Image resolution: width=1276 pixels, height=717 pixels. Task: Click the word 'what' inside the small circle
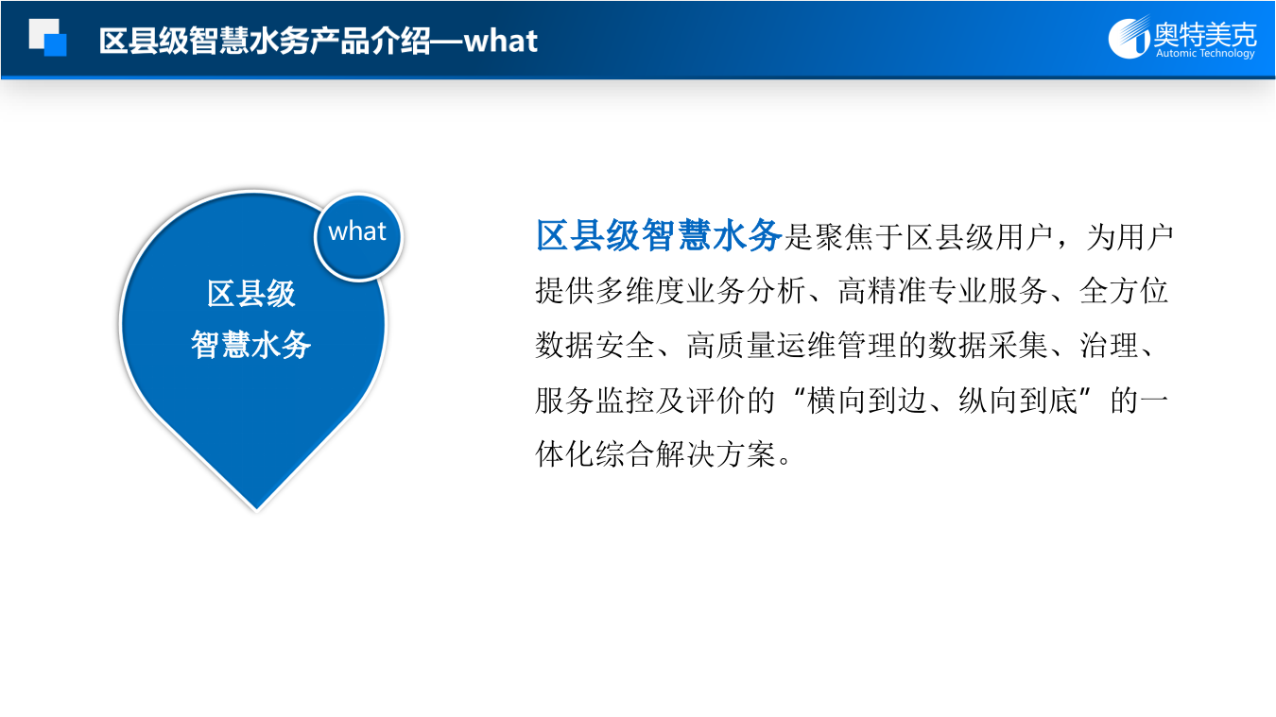357,232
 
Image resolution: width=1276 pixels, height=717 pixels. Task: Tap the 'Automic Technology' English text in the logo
1205,54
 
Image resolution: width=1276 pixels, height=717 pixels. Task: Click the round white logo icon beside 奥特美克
1129,39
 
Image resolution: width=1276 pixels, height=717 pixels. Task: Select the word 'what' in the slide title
501,41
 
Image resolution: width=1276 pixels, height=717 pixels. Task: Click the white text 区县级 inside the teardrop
251,294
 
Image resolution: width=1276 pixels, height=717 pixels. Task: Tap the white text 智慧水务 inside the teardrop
251,345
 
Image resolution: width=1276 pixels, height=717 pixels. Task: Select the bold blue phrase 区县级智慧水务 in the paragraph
659,236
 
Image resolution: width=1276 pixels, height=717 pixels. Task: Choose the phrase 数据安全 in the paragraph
595,347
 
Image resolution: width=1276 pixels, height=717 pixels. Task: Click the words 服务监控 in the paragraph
595,401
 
